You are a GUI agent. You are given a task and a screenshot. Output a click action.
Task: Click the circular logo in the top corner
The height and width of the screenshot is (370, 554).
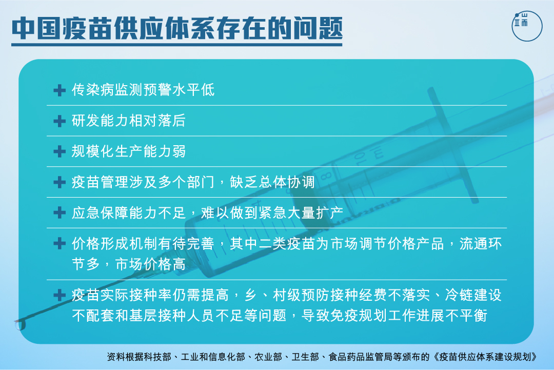pos(527,26)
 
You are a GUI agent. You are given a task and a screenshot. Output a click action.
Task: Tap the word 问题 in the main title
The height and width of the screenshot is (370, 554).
pos(318,28)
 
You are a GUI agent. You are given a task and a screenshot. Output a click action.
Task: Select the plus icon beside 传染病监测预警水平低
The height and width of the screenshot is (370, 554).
pos(60,90)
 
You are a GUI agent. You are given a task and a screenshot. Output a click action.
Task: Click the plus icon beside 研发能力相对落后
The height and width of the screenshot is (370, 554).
pos(60,121)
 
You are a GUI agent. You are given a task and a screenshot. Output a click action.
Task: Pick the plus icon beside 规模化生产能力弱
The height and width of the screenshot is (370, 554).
pos(60,151)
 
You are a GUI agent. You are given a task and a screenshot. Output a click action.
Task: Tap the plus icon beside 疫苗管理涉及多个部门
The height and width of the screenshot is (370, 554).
pos(60,182)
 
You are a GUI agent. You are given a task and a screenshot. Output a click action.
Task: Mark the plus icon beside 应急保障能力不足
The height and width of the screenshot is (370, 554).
pos(60,213)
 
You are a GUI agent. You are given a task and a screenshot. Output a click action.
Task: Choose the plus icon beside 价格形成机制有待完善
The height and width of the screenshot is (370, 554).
pos(60,243)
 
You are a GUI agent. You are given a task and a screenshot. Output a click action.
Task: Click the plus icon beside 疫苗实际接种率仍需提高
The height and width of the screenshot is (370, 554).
pos(60,295)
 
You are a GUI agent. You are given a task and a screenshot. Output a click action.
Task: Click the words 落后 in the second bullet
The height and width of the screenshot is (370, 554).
pos(172,121)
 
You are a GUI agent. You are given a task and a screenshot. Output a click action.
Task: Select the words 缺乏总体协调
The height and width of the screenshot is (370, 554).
pos(272,182)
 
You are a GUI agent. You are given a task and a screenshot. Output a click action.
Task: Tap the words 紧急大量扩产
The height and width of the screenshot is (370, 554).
pos(301,213)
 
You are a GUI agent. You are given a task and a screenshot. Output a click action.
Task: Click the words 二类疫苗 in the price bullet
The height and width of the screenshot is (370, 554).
pos(287,244)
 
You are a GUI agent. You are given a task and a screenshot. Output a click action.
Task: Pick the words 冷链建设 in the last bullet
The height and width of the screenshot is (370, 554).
pos(473,295)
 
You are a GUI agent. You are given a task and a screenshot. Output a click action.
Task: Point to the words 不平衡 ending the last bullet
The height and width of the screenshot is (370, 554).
pos(466,316)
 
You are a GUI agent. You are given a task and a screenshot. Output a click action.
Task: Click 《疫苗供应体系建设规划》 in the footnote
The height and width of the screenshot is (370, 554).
pos(485,357)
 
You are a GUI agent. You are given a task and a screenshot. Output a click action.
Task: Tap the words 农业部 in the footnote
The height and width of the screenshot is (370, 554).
pos(268,357)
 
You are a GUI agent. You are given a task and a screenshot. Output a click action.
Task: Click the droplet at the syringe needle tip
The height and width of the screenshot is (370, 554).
pos(21,325)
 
